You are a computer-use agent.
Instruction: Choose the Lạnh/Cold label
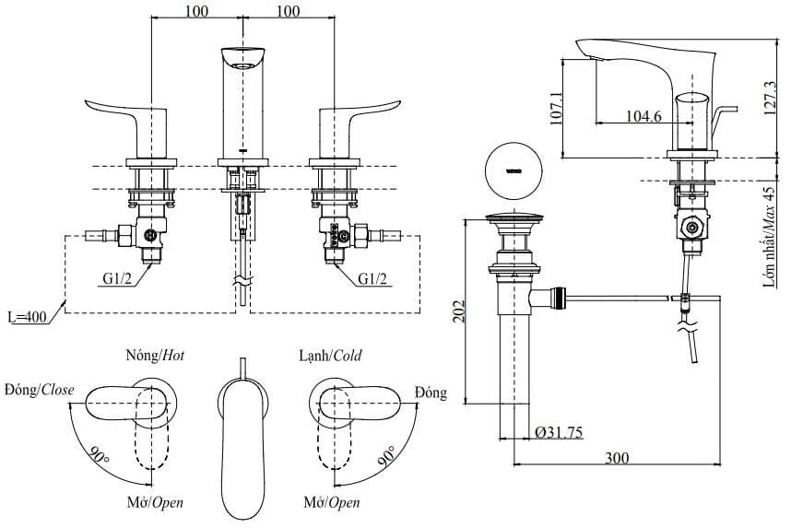point(329,356)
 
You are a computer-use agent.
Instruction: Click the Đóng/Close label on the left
point(39,390)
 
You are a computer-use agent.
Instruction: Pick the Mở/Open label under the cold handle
point(331,503)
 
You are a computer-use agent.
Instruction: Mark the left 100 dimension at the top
point(195,11)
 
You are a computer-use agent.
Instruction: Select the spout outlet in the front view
point(241,65)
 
